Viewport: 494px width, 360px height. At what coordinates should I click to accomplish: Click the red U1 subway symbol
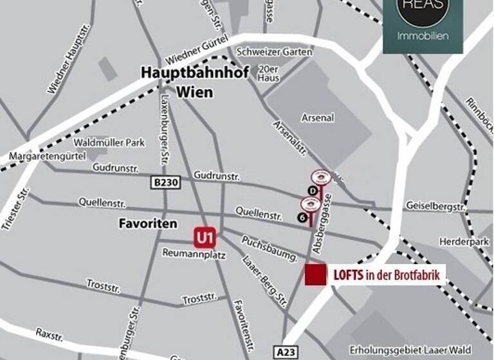(205, 239)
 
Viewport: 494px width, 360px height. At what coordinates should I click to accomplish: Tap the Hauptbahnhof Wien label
(177, 83)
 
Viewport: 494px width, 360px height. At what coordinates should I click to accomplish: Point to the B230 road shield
(166, 183)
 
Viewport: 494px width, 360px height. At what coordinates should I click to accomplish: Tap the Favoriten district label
(147, 224)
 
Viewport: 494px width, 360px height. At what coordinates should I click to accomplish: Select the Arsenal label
(318, 118)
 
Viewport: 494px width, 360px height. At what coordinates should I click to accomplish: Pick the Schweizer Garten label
(274, 52)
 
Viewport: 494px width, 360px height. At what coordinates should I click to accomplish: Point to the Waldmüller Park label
(109, 143)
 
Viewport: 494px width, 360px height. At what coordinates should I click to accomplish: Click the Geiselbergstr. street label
(435, 206)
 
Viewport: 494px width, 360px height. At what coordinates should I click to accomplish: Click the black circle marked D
(313, 190)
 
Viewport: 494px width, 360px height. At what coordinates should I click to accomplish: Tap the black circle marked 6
(302, 217)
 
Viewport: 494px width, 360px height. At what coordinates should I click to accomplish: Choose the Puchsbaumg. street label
(270, 248)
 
